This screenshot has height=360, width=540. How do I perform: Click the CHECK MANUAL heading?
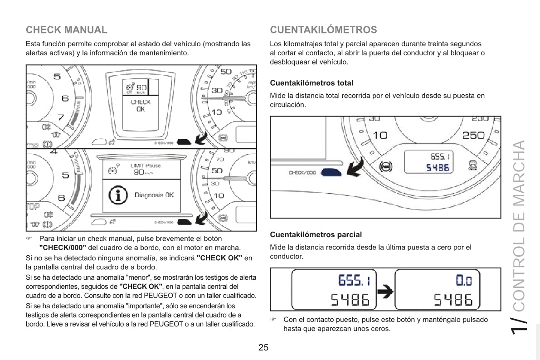click(67, 30)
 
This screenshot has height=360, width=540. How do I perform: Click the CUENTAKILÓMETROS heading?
click(323, 30)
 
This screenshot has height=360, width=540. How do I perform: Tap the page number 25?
click(263, 348)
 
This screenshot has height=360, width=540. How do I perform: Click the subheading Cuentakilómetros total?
click(311, 83)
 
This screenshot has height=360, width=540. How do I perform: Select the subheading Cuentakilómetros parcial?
click(316, 235)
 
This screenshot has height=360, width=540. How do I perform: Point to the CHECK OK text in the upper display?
click(141, 106)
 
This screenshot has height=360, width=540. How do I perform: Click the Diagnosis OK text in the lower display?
click(154, 195)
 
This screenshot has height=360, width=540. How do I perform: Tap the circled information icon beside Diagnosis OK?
click(118, 195)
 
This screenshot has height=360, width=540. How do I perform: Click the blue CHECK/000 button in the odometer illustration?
click(331, 172)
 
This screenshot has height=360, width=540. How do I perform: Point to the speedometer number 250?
click(473, 135)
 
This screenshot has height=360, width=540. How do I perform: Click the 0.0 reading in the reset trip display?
click(463, 281)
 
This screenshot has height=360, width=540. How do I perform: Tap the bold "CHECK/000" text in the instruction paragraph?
click(63, 247)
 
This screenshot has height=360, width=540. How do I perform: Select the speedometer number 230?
click(480, 118)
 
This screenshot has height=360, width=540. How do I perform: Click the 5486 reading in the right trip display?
click(453, 299)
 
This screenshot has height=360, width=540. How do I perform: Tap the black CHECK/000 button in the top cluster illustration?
click(184, 141)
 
